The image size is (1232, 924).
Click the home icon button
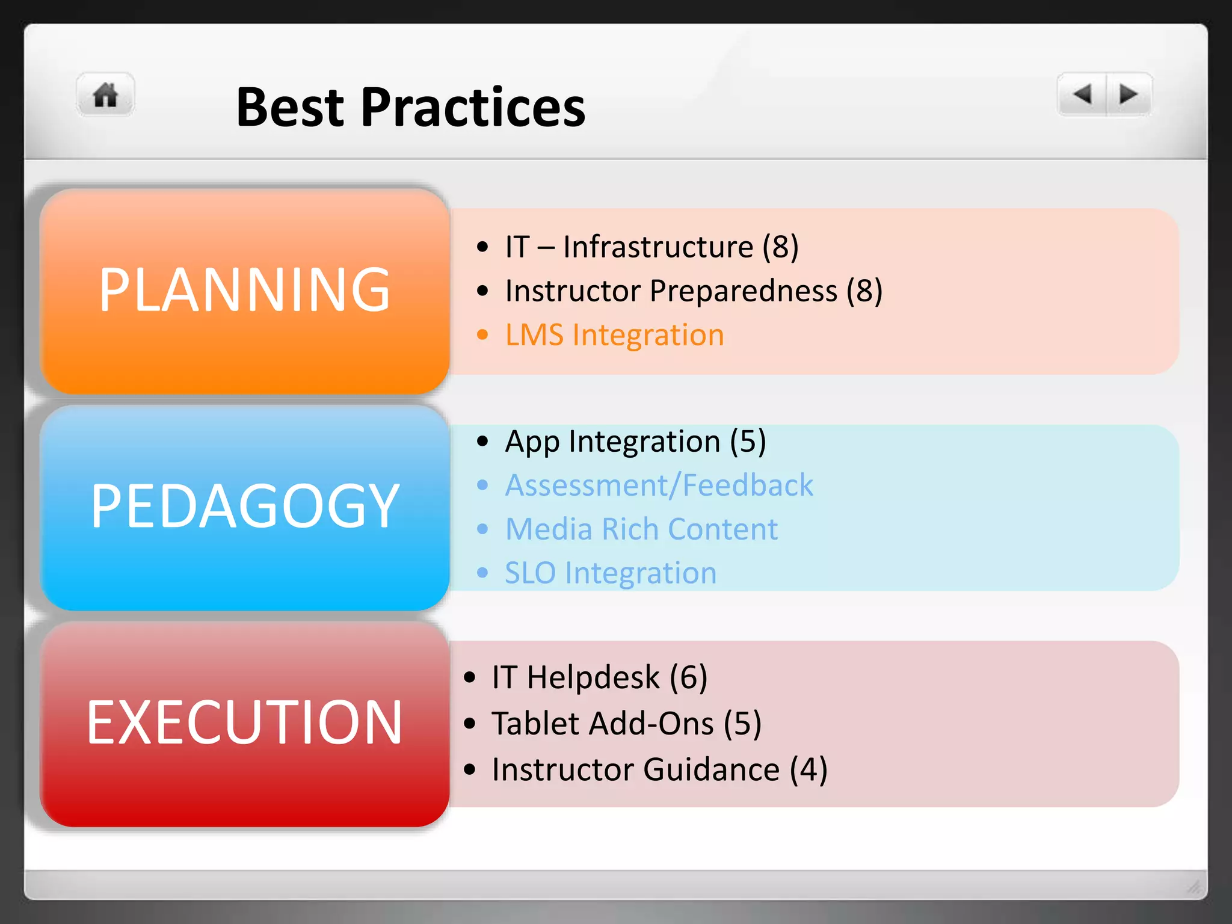point(105,95)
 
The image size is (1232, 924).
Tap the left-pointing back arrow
point(1083,94)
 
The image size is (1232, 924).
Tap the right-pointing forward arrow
point(1128,94)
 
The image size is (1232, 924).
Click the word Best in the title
point(290,108)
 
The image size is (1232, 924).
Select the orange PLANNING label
point(244,291)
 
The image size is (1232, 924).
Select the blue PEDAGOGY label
point(244,507)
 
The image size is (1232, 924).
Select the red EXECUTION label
point(244,722)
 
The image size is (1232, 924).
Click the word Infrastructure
point(658,247)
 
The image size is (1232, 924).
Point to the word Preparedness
point(744,291)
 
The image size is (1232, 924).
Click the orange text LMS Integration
point(614,335)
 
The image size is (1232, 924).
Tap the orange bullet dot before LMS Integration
point(482,335)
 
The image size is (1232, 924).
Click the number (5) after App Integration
point(748,442)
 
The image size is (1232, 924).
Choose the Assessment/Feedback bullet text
point(659,485)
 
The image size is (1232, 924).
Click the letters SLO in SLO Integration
point(530,573)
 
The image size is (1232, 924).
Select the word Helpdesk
point(593,677)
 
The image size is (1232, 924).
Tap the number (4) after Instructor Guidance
point(808,770)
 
